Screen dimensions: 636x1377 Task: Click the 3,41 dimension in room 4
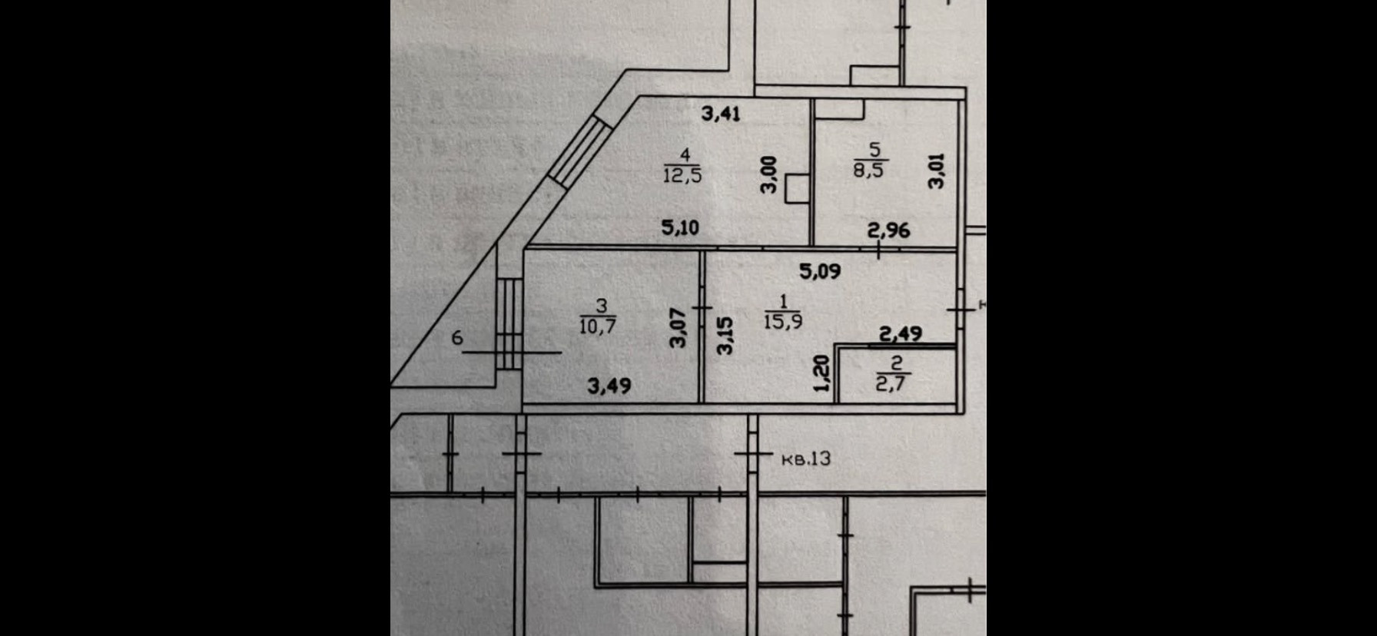pyautogui.click(x=722, y=114)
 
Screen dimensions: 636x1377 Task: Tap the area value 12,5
pyautogui.click(x=682, y=175)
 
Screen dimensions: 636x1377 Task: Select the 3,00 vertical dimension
pyautogui.click(x=769, y=175)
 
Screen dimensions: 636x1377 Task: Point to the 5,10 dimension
pyautogui.click(x=680, y=227)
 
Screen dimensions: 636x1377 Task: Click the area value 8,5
pyautogui.click(x=868, y=169)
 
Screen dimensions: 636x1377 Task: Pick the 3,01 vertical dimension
pyautogui.click(x=936, y=171)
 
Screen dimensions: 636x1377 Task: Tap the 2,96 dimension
pyautogui.click(x=888, y=229)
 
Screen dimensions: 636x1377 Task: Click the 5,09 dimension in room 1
pyautogui.click(x=820, y=271)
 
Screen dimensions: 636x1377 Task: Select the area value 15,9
pyautogui.click(x=783, y=320)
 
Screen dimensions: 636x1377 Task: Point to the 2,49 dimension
pyautogui.click(x=901, y=333)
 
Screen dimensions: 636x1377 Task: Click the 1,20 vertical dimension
pyautogui.click(x=822, y=374)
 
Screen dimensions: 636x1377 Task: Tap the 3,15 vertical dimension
pyautogui.click(x=725, y=336)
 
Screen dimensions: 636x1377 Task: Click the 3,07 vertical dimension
pyautogui.click(x=678, y=328)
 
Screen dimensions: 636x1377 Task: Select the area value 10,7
pyautogui.click(x=599, y=326)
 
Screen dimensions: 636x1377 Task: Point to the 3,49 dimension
pyautogui.click(x=609, y=385)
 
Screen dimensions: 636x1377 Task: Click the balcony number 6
pyautogui.click(x=457, y=337)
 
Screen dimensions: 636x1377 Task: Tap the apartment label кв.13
pyautogui.click(x=806, y=459)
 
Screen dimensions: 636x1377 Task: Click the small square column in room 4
pyautogui.click(x=797, y=189)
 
